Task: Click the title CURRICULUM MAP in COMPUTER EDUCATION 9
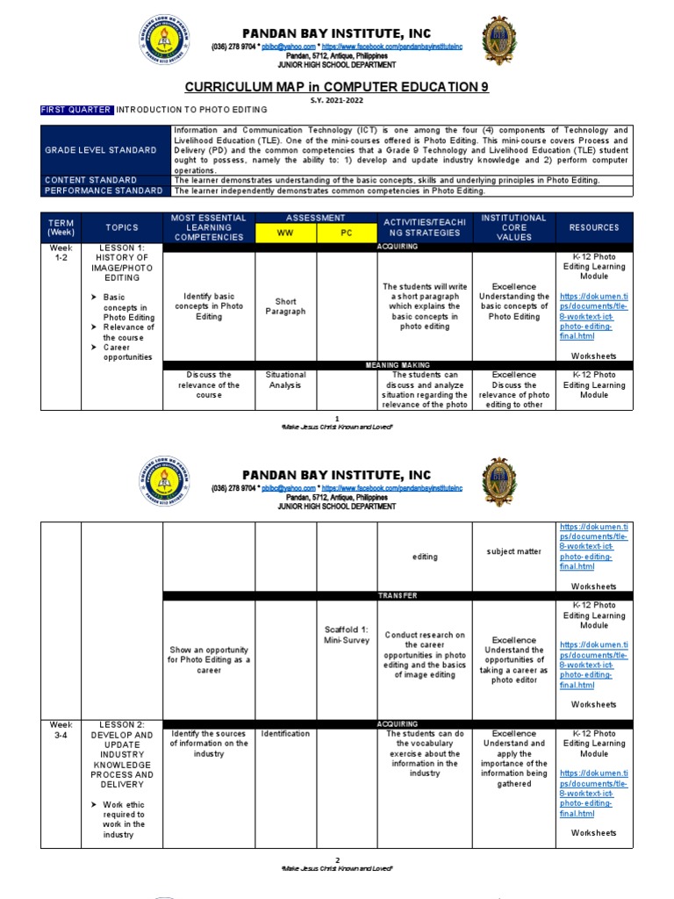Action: click(x=336, y=87)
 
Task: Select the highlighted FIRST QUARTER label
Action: click(x=77, y=110)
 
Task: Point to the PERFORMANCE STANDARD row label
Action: click(x=104, y=190)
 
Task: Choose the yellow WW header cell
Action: click(x=285, y=234)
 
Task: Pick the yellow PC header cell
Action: click(x=346, y=234)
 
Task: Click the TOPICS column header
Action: click(x=122, y=227)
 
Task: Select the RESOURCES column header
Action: click(x=593, y=227)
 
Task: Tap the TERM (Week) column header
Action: click(x=61, y=227)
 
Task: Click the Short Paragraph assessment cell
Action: click(x=285, y=306)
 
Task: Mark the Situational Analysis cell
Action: click(x=285, y=379)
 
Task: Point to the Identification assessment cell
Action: click(x=285, y=733)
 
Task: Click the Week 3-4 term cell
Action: click(x=61, y=730)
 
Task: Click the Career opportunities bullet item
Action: click(x=127, y=352)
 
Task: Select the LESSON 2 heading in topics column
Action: click(x=121, y=724)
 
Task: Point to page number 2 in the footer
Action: click(x=336, y=860)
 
